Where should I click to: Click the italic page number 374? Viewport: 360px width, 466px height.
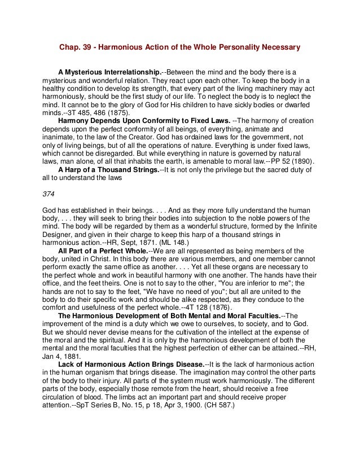click(x=49, y=194)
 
